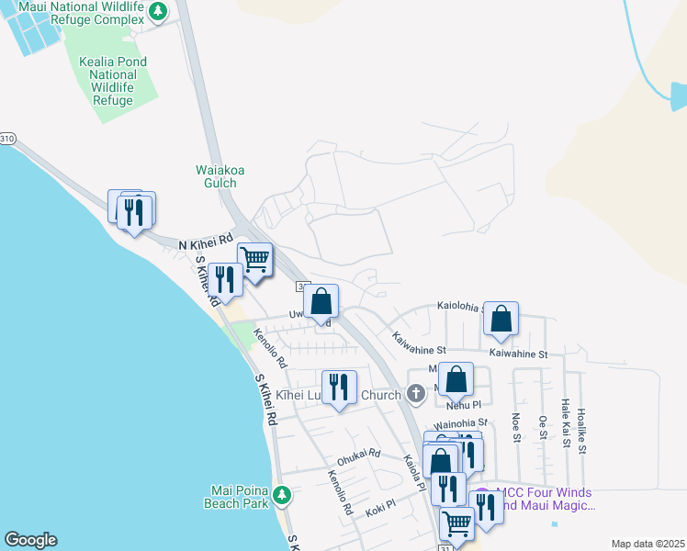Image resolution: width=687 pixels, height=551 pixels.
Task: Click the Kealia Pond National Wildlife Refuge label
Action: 114,81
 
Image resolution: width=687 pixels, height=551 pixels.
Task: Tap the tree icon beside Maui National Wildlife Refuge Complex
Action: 158,11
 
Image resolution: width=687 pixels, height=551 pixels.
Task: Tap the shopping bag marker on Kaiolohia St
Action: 501,318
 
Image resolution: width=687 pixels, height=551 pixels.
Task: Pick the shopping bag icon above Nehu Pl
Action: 456,378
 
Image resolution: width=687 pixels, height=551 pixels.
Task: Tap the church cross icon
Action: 415,396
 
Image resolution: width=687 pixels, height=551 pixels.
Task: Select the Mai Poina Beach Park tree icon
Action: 283,495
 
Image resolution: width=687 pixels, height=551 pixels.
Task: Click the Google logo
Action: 30,539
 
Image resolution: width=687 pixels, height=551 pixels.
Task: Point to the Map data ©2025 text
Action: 647,544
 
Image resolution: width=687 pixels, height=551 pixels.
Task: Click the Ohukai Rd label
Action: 358,454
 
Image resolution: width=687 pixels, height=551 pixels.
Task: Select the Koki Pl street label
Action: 379,504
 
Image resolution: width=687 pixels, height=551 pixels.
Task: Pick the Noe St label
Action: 516,428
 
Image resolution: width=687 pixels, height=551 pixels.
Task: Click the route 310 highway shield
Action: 7,139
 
